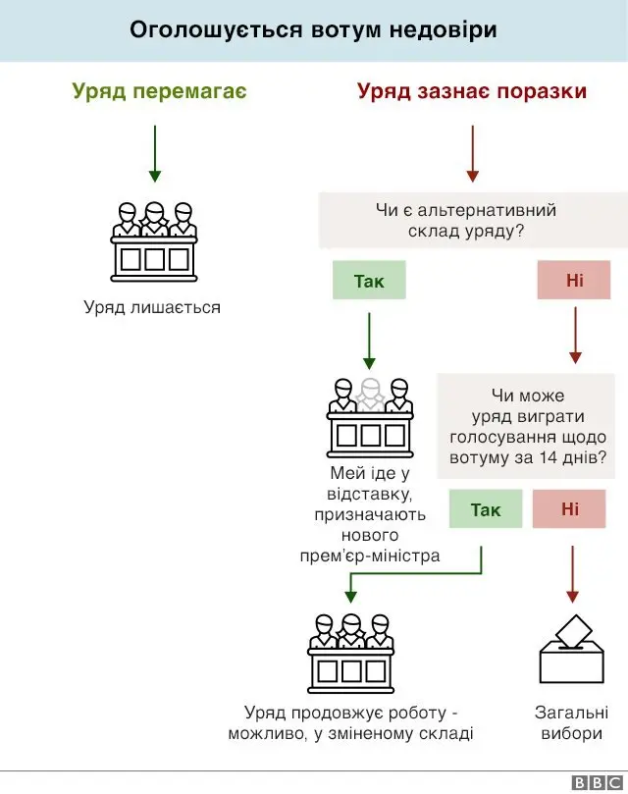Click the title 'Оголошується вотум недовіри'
click(x=313, y=29)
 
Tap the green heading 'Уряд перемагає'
click(x=159, y=91)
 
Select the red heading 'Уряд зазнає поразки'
click(x=472, y=91)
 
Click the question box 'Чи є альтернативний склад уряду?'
click(x=465, y=221)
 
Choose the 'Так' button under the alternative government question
click(x=369, y=282)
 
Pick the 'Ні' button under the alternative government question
click(x=574, y=282)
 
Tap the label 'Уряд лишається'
click(x=152, y=308)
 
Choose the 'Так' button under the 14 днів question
click(x=486, y=509)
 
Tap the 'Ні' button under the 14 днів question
click(x=570, y=509)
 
